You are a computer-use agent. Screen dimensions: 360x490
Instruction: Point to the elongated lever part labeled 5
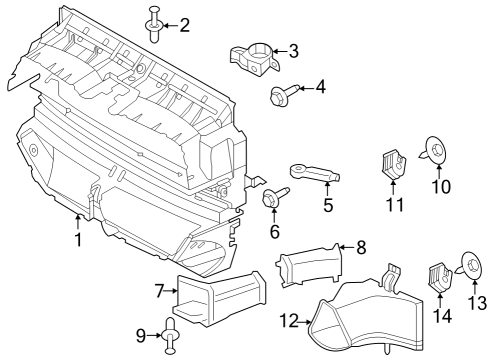(x=312, y=176)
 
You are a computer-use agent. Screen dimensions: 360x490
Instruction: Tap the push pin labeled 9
(x=170, y=335)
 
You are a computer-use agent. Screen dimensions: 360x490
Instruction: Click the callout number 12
(x=288, y=321)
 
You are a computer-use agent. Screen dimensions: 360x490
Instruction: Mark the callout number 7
(x=158, y=291)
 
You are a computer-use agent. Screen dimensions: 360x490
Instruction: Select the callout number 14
(x=441, y=316)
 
